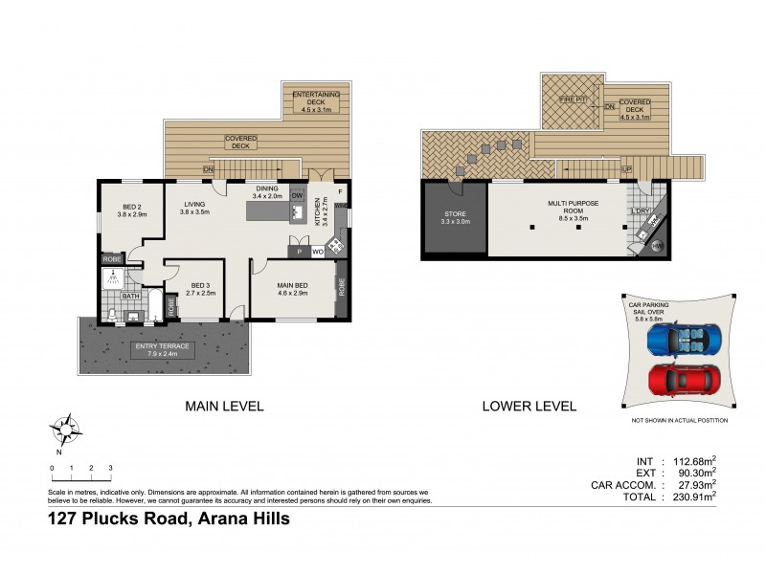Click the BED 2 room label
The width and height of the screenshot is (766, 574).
tap(132, 210)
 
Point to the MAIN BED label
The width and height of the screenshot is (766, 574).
tap(291, 286)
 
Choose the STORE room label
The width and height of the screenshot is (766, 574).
tap(454, 217)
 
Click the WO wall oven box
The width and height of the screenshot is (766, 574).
tap(316, 252)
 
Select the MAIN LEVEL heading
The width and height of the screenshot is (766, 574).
tap(223, 406)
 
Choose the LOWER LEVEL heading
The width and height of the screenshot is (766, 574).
tap(529, 406)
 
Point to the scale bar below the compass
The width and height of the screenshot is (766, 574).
tap(80, 475)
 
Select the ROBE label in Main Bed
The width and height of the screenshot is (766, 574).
tap(340, 287)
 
